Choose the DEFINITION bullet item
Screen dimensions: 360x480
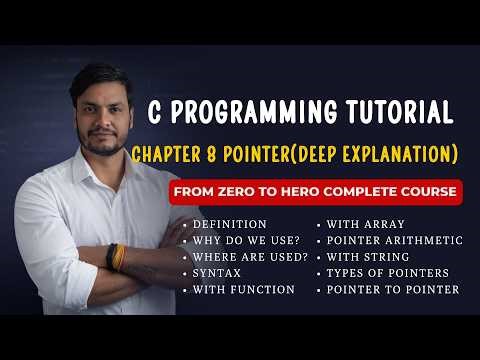tap(230, 224)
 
